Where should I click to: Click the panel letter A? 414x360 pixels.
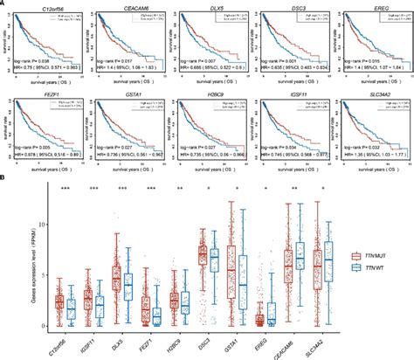[x=4, y=4]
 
